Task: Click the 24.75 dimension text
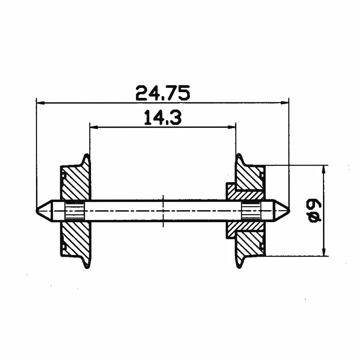[x=163, y=93]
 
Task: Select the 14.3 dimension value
[x=163, y=117]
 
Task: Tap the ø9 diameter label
[x=315, y=211]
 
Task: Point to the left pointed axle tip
[x=37, y=211]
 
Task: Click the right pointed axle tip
[x=289, y=210]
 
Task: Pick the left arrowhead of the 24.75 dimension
[x=40, y=103]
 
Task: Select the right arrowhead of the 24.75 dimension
[x=285, y=103]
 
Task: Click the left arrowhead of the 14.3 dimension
[x=94, y=127]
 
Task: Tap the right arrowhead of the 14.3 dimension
[x=231, y=127]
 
